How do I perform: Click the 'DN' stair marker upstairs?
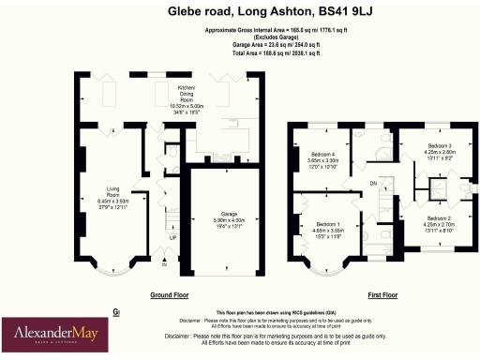(x=373, y=183)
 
